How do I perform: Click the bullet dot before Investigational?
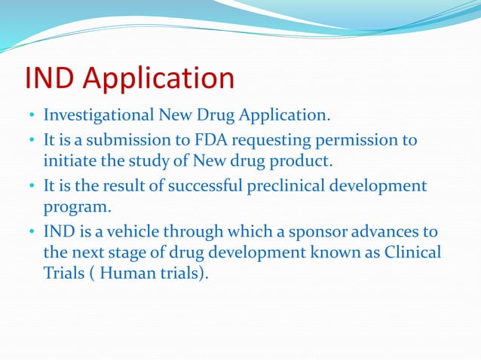coord(32,117)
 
